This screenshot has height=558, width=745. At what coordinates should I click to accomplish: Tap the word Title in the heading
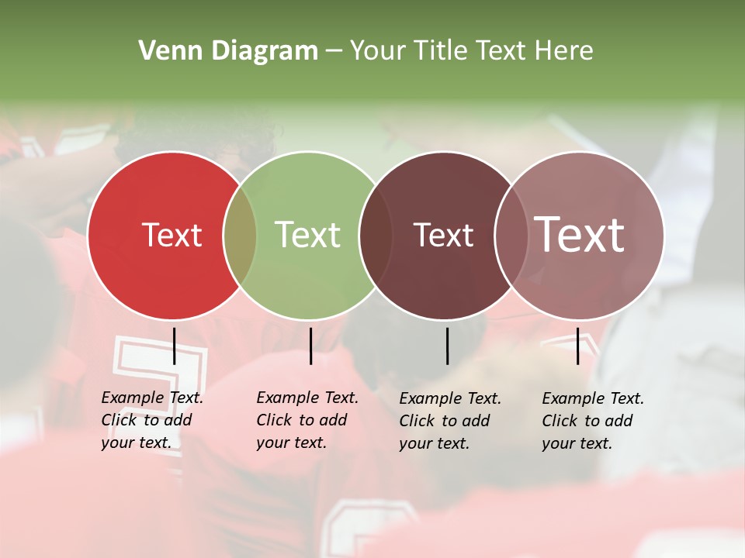(x=445, y=51)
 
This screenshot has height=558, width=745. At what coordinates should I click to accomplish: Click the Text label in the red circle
(x=172, y=235)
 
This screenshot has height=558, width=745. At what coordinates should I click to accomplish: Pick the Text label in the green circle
(x=308, y=235)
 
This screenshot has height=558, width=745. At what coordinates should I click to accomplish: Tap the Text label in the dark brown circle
(x=443, y=236)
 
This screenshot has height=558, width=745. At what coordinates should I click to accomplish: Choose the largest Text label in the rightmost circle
(x=580, y=235)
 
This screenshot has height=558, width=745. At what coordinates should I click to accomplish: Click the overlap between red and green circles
(x=240, y=236)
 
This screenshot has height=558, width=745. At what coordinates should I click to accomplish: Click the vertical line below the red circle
(x=175, y=346)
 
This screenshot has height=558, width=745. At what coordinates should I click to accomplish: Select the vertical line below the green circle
(x=310, y=346)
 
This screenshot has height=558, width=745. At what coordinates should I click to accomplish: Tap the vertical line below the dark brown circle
(x=448, y=346)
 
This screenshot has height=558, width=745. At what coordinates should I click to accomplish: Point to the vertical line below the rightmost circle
(x=578, y=346)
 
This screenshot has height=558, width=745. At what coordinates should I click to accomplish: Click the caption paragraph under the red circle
(x=151, y=420)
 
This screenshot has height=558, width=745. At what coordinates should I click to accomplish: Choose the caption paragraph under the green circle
(x=307, y=420)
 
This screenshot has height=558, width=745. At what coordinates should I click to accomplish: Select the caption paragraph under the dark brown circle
(x=449, y=421)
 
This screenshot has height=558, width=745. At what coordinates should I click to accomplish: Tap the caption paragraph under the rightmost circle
(x=592, y=421)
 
